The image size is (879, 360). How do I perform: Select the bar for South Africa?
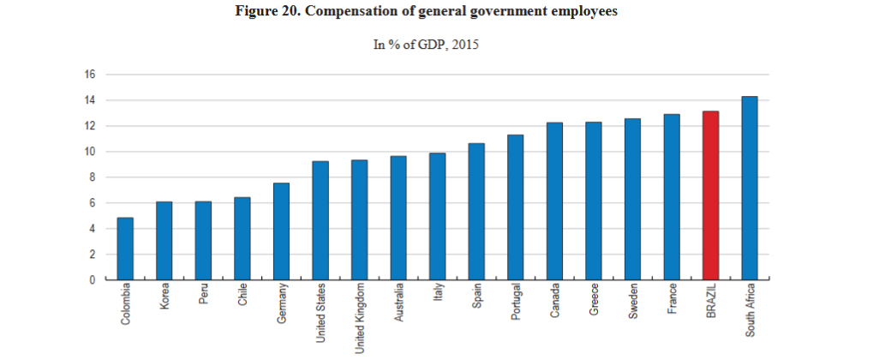(x=749, y=189)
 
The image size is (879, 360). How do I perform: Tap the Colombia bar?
(x=125, y=249)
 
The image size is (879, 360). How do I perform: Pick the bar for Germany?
(x=281, y=231)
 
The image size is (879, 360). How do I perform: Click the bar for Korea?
(x=164, y=241)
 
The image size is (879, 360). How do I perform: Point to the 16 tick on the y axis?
(x=89, y=75)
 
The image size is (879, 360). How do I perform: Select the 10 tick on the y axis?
(x=89, y=152)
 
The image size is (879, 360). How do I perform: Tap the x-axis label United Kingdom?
(x=360, y=317)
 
